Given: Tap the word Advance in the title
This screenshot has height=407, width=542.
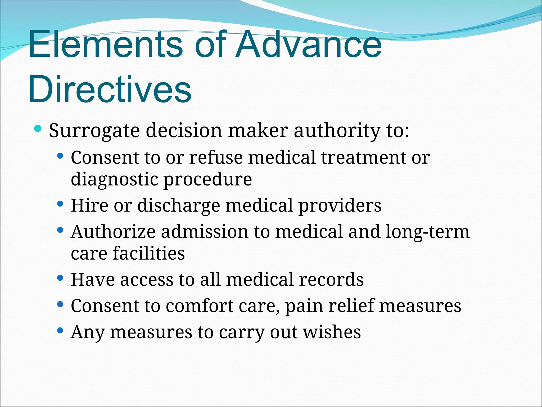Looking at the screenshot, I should point(309,44).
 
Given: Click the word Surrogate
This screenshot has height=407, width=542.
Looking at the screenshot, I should point(94,131).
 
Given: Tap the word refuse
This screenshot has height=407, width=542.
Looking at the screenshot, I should point(216,158).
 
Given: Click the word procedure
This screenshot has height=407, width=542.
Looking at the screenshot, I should point(208,179).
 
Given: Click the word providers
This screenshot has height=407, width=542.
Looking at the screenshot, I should point(340,205).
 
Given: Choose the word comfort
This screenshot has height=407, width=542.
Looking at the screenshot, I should point(200,306).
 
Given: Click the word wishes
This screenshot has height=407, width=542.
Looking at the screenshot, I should point(332,332).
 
